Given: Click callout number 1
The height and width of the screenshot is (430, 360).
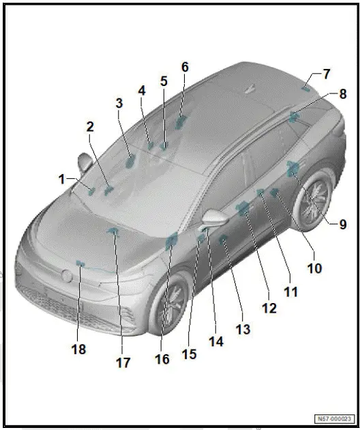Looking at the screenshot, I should coord(62,179).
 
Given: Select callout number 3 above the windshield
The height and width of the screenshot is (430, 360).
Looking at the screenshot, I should coord(119,103).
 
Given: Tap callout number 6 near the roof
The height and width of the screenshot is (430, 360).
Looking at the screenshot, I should coord(185,67).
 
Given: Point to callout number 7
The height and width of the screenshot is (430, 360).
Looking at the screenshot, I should coord(327,73).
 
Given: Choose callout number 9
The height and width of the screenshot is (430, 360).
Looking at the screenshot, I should coord(342,223).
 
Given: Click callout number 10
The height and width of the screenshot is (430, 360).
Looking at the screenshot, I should coord(314,268).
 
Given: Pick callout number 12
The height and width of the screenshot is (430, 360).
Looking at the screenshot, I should coord(269,308).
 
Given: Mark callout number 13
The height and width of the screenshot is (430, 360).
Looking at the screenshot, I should coord(243,330).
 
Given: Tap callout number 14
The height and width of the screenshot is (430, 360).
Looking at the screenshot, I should coord(215,341).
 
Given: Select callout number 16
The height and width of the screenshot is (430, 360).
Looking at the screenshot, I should coord(162,359).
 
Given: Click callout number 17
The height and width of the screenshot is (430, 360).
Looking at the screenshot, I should coord(123,363).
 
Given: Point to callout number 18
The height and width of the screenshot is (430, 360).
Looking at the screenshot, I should coord(79,349).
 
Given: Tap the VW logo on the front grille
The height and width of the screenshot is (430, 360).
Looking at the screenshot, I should coord(67,276).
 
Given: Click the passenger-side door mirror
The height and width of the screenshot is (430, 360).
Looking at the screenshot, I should coord(85,164).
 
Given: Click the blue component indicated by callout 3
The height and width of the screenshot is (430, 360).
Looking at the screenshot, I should coord(130,160).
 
